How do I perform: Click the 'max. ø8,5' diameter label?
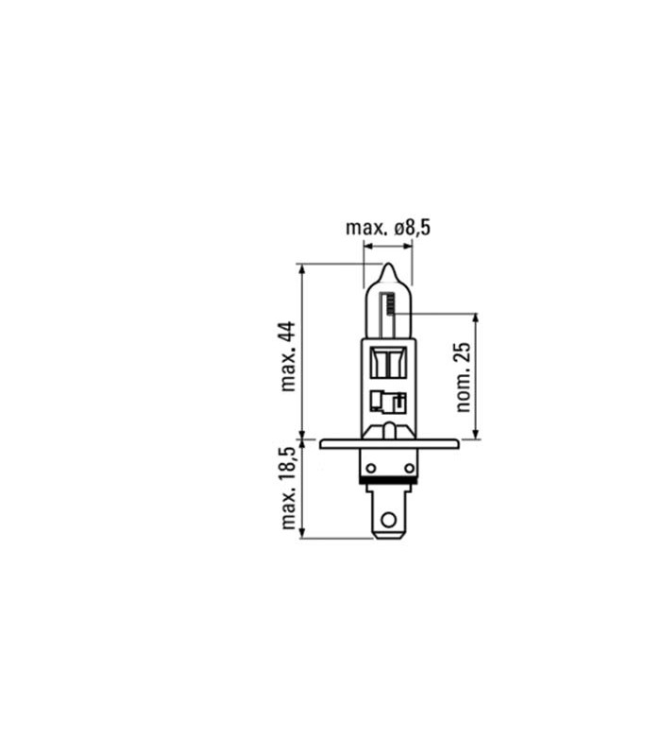click(x=388, y=228)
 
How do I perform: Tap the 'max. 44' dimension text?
click(x=288, y=356)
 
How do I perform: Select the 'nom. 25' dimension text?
click(x=463, y=377)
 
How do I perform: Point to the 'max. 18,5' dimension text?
click(x=288, y=488)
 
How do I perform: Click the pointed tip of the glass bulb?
click(x=388, y=265)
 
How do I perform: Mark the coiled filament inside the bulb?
click(x=391, y=303)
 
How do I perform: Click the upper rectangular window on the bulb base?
click(x=388, y=363)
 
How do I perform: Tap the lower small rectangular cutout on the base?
click(x=388, y=403)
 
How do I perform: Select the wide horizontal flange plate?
click(x=389, y=443)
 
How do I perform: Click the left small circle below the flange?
click(x=370, y=468)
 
